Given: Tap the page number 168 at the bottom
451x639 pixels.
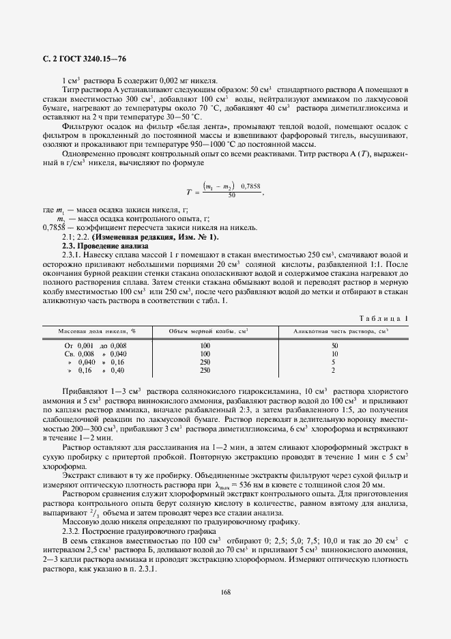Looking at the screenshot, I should (x=225, y=591).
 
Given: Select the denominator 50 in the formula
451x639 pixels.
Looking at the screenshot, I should (x=231, y=195).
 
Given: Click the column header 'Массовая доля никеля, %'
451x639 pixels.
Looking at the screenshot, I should (x=96, y=330).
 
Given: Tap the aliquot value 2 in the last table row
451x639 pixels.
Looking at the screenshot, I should (x=333, y=370).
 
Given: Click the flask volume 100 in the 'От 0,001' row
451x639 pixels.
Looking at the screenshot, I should (x=205, y=346).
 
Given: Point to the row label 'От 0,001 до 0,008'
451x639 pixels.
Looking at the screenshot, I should (x=96, y=346).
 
